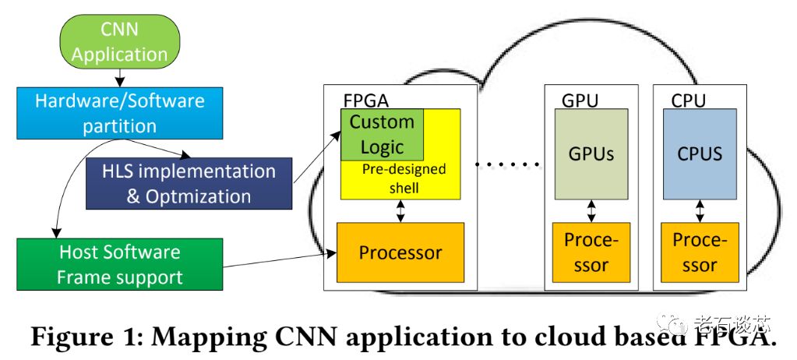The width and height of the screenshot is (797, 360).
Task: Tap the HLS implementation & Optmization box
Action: tap(189, 183)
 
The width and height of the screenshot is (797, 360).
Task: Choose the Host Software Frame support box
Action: tap(119, 265)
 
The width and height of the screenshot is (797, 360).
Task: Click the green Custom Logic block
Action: tap(382, 134)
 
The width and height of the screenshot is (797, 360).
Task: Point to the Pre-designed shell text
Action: tap(404, 178)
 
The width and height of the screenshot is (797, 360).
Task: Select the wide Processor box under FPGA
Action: tap(400, 252)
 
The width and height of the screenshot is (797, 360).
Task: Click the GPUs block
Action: tap(591, 153)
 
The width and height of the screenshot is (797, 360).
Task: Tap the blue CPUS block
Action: tap(700, 153)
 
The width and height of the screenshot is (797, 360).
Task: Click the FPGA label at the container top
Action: tap(365, 101)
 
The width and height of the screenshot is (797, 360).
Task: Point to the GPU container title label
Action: tap(579, 101)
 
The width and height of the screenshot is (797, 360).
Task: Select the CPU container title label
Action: tap(688, 101)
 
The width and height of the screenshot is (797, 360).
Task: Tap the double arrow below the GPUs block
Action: tap(591, 210)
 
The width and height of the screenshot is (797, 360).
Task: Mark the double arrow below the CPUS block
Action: tap(700, 210)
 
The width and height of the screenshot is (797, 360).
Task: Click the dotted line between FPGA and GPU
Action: tap(507, 164)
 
